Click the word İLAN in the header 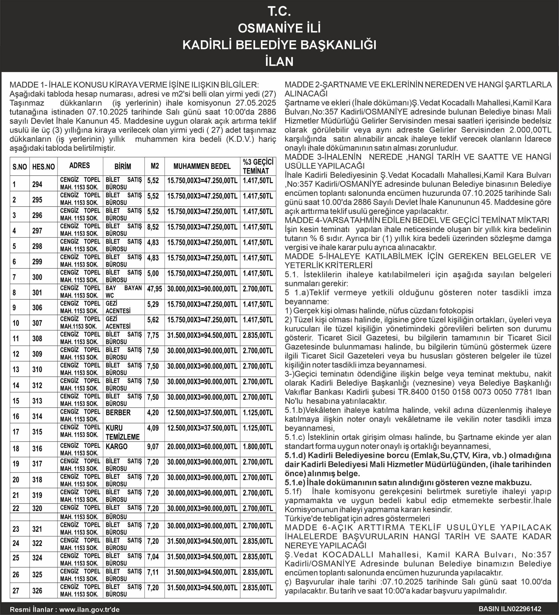[279, 61]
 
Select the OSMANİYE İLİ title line [279, 28]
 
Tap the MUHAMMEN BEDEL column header [202, 166]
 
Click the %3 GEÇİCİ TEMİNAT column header [258, 166]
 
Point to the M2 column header [155, 166]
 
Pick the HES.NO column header [43, 166]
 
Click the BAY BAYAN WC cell [123, 292]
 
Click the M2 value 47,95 [155, 289]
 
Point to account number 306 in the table [37, 307]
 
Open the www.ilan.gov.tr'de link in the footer [89, 609]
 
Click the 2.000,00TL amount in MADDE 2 [530, 130]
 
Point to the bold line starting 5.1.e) [408, 482]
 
